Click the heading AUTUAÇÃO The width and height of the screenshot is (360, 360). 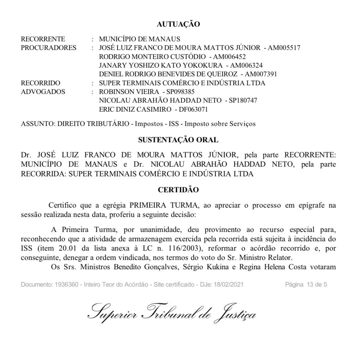178,24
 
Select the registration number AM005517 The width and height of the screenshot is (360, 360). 284,48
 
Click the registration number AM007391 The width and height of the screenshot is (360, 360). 261,74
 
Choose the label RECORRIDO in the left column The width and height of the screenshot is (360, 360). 41,83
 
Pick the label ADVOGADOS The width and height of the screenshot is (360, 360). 43,92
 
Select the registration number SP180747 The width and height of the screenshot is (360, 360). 243,100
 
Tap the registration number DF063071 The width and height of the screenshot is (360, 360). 193,109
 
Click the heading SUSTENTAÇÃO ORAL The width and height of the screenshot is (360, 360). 178,140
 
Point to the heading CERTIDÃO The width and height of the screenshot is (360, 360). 178,190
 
